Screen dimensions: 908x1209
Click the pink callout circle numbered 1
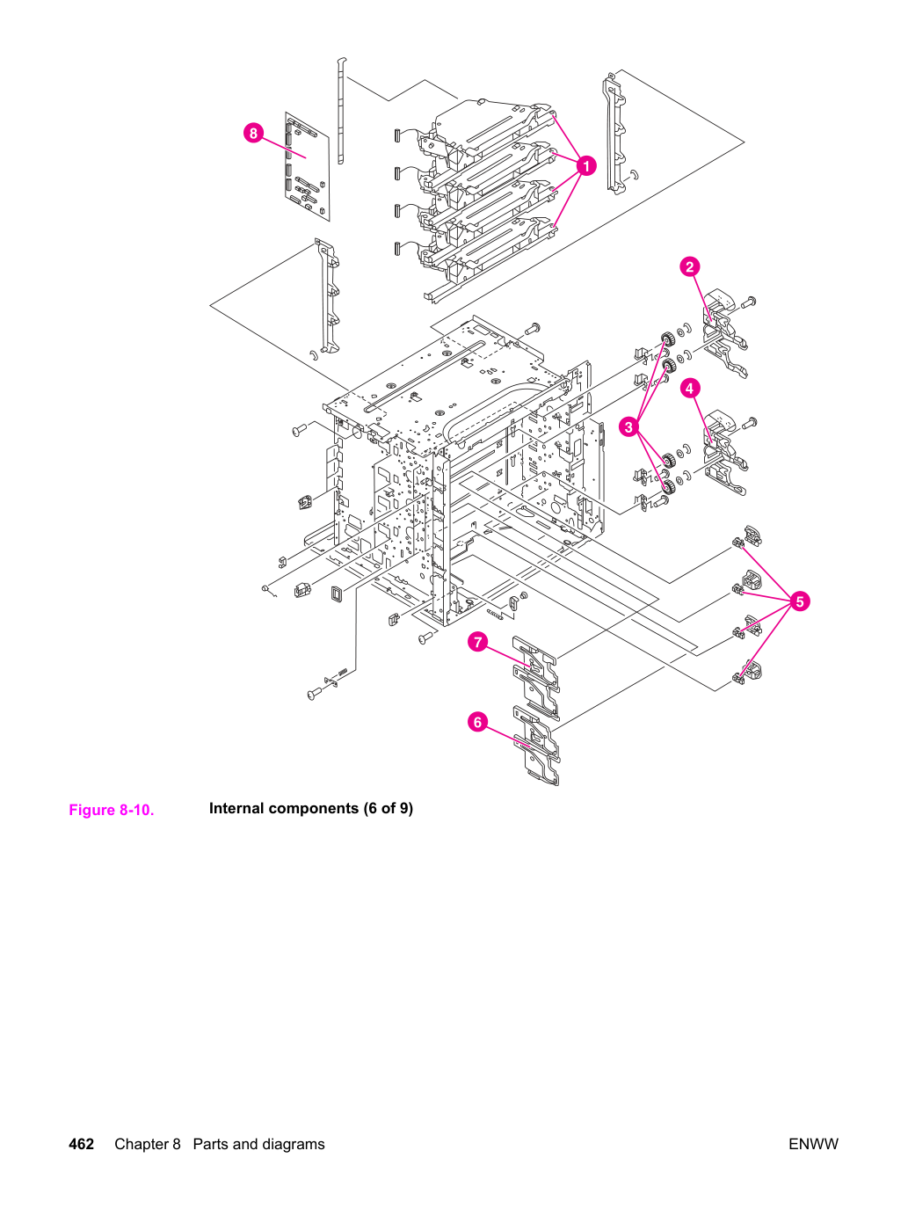point(586,166)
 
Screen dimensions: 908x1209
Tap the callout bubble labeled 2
point(689,267)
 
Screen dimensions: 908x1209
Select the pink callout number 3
point(628,426)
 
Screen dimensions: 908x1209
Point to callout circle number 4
point(689,389)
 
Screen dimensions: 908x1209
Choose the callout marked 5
point(800,601)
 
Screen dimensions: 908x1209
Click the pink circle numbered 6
point(477,722)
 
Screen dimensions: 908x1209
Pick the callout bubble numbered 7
point(477,642)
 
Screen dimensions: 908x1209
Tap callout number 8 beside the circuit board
point(253,134)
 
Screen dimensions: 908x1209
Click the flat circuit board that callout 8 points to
point(308,166)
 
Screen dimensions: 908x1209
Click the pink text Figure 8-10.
point(112,810)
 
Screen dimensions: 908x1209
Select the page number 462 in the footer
point(81,1144)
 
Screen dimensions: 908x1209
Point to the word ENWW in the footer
point(813,1144)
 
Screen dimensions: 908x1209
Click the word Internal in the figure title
point(236,809)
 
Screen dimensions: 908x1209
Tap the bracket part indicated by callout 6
point(536,746)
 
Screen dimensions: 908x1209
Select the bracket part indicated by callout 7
point(536,678)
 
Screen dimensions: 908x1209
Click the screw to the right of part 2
point(748,302)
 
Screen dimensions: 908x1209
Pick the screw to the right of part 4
point(749,423)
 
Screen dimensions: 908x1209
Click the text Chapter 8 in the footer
point(148,1144)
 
